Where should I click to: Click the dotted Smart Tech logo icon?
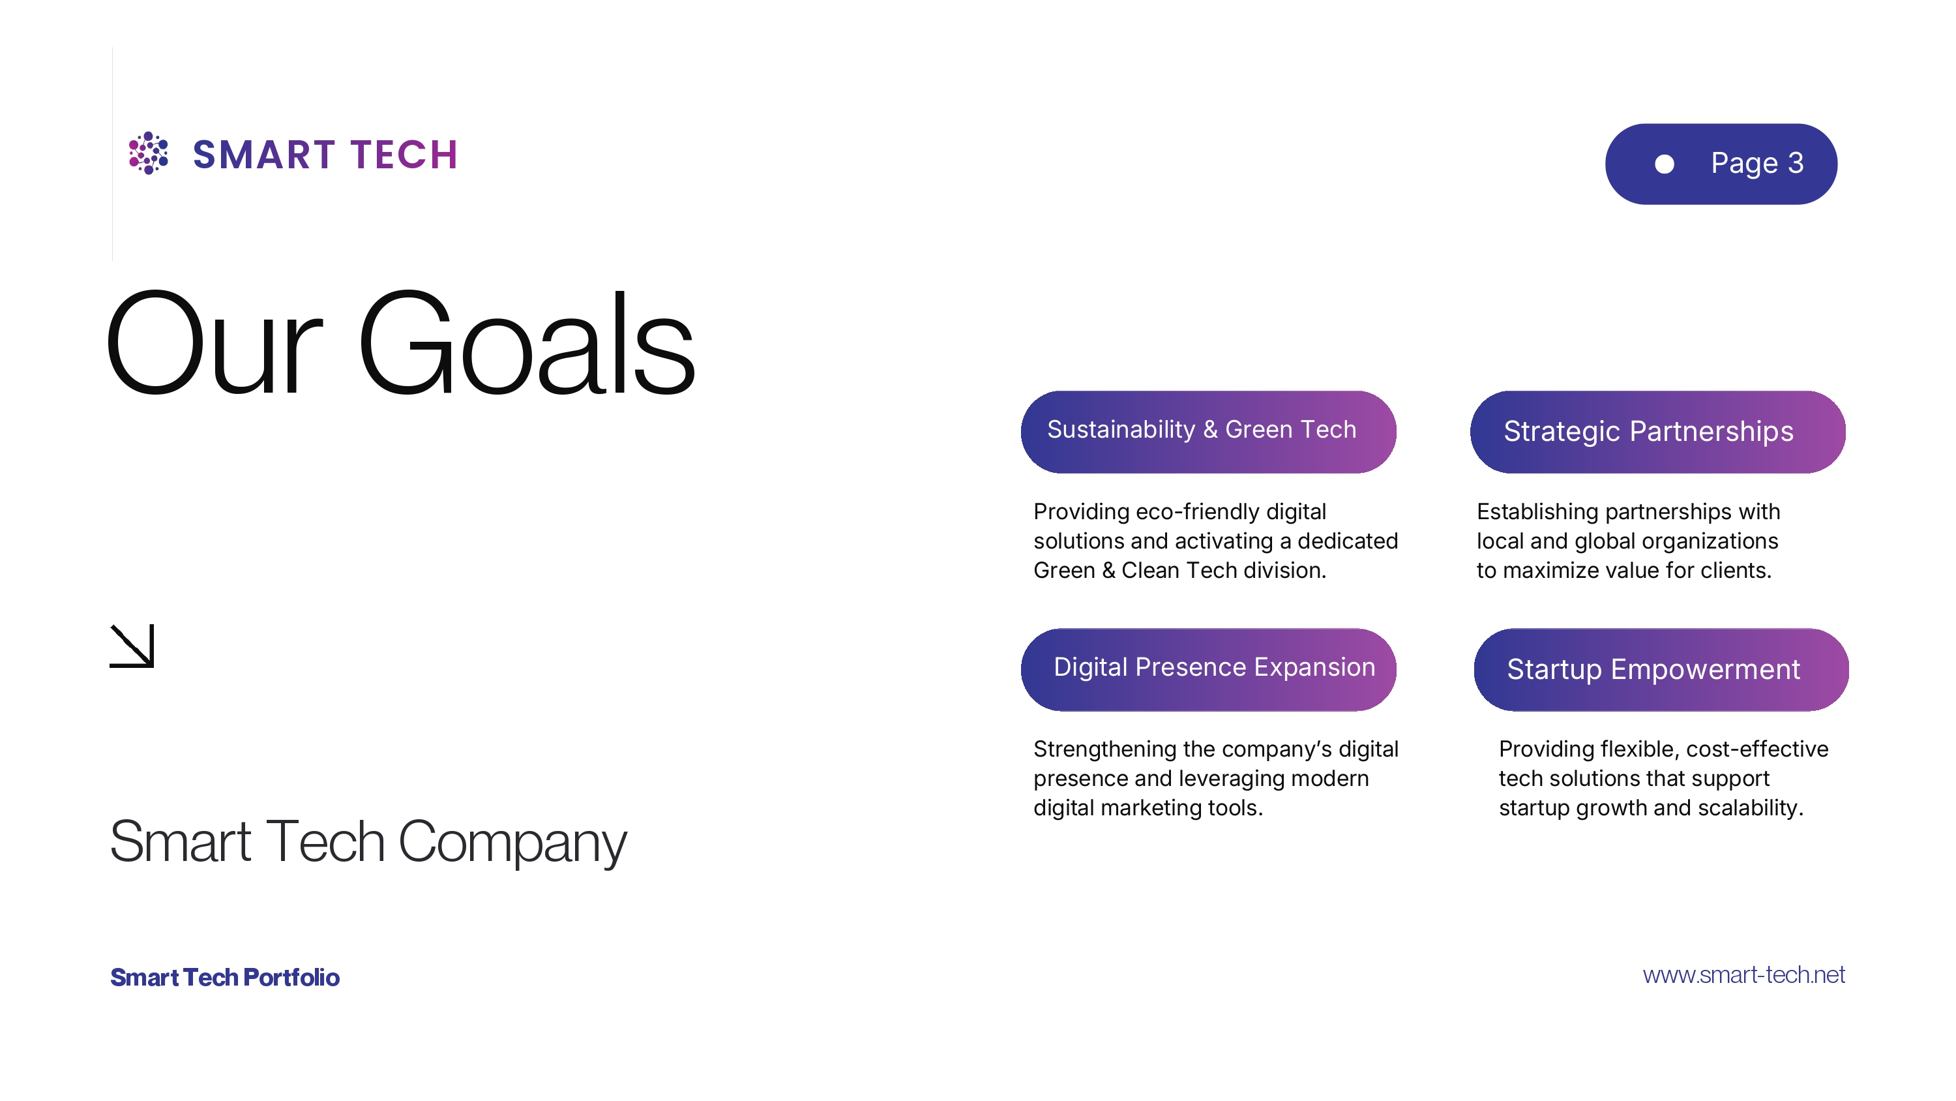(x=148, y=153)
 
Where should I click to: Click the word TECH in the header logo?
(x=404, y=155)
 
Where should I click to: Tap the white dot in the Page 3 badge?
(x=1664, y=164)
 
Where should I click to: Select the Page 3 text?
(x=1757, y=163)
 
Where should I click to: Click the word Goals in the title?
(x=526, y=344)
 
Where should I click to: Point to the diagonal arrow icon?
(x=132, y=646)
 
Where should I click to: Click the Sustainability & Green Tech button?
(x=1208, y=432)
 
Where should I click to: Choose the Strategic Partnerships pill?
(x=1657, y=432)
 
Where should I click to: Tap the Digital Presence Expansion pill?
(x=1208, y=669)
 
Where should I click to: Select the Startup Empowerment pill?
(x=1661, y=669)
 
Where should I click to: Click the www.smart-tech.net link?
(x=1744, y=975)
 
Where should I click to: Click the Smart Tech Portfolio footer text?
(x=225, y=977)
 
